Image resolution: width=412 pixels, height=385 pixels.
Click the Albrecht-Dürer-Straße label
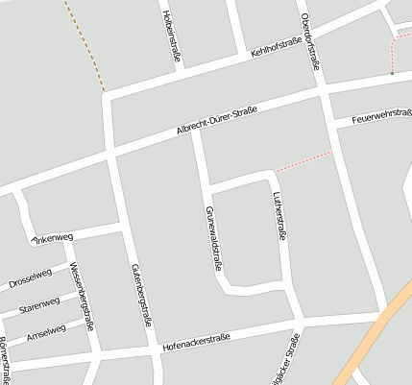click(x=216, y=123)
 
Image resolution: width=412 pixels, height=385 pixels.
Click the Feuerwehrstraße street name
click(x=381, y=116)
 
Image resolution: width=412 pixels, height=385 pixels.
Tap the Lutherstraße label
click(x=279, y=218)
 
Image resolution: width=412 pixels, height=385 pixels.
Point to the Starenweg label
click(x=38, y=305)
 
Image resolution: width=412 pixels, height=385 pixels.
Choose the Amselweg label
click(x=45, y=331)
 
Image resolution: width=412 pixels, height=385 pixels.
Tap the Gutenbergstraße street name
click(x=141, y=295)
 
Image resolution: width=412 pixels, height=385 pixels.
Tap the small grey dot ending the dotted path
click(x=392, y=72)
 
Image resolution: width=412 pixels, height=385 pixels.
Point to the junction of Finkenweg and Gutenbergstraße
click(x=121, y=229)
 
